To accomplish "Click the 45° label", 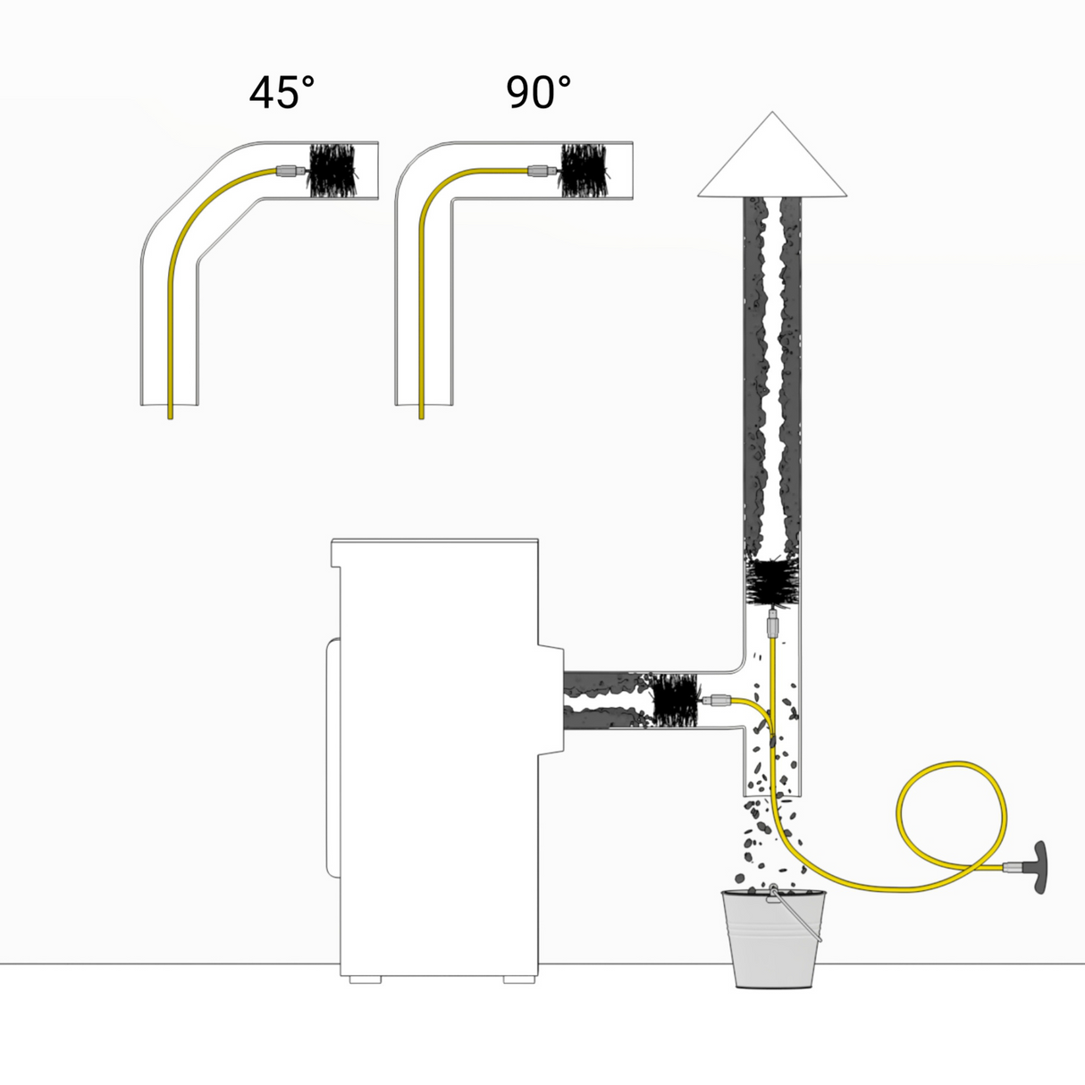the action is point(282,92).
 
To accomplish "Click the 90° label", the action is point(538,92).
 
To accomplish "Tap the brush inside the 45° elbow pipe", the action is point(333,171).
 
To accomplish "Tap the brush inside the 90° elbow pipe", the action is point(585,171).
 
